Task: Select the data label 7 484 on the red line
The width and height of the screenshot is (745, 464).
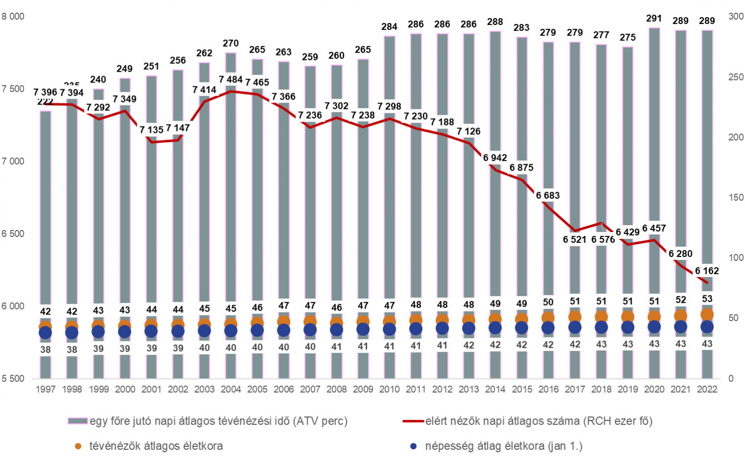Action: [x=230, y=79]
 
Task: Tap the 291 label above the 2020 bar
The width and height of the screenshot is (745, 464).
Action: [x=654, y=19]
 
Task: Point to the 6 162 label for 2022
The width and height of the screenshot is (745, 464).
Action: [x=706, y=271]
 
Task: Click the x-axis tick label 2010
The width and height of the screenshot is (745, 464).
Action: [x=389, y=389]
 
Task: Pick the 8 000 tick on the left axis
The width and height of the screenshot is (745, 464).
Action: [x=13, y=17]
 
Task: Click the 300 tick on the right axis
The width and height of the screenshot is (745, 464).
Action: [x=735, y=17]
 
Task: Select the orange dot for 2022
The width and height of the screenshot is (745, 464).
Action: [x=707, y=315]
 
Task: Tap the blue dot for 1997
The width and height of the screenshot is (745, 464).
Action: [x=45, y=333]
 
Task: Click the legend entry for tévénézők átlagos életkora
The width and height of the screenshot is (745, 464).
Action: [x=155, y=446]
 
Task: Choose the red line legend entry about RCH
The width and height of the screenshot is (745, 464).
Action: [x=538, y=421]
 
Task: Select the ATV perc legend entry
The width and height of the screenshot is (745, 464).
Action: [x=218, y=421]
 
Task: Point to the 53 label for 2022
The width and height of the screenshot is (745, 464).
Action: [x=707, y=299]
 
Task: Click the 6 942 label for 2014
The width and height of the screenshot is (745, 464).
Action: [x=495, y=157]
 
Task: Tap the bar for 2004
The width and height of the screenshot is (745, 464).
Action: [x=230, y=196]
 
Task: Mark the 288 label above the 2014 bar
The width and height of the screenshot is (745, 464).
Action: [x=495, y=22]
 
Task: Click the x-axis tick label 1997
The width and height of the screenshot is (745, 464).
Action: [x=45, y=389]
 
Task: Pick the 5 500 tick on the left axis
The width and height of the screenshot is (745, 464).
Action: [x=13, y=379]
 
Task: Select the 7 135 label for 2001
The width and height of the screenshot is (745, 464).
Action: [x=151, y=129]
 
